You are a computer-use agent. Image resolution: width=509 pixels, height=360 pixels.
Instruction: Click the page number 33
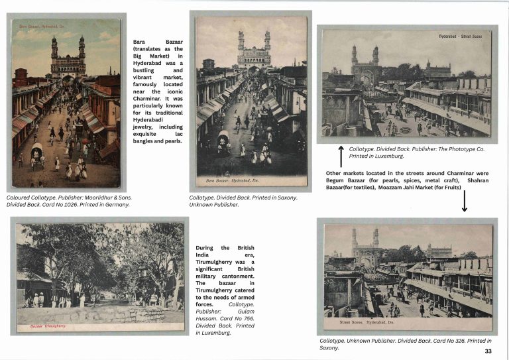tap(488, 351)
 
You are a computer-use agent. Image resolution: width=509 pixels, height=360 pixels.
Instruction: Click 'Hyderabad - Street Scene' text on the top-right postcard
tap(462, 36)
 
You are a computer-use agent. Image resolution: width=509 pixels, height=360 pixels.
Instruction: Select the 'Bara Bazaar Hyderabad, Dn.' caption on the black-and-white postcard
tap(231, 179)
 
